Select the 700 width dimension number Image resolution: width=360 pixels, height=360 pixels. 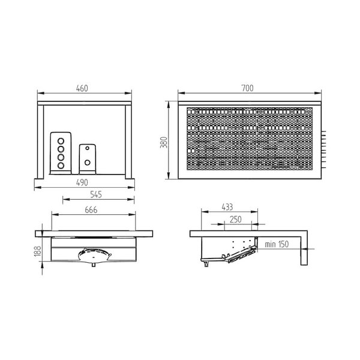coord(248,88)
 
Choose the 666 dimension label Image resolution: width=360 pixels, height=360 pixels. coord(91,211)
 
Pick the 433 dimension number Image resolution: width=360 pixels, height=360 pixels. coord(227,207)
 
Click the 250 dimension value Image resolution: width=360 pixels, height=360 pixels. coord(236,220)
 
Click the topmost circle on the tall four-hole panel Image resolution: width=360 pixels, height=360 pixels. coord(60,141)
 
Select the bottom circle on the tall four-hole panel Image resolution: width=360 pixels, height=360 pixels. coord(60,164)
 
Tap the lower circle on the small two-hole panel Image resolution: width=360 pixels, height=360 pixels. coord(88,161)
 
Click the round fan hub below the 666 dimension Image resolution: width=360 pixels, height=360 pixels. coord(94,257)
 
